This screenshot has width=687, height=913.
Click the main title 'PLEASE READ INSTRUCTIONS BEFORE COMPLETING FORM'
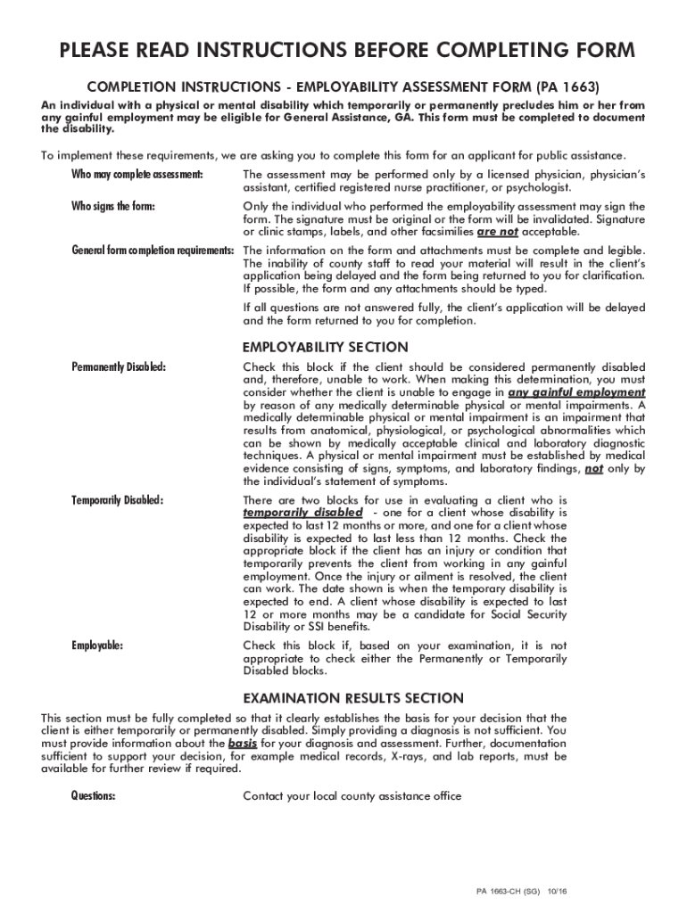pyautogui.click(x=347, y=52)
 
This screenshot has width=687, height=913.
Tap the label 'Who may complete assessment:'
pyautogui.click(x=137, y=173)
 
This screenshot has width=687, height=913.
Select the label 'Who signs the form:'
pyautogui.click(x=113, y=207)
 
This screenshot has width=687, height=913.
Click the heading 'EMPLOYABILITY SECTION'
pyautogui.click(x=326, y=347)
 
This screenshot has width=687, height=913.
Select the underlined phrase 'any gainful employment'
pyautogui.click(x=576, y=392)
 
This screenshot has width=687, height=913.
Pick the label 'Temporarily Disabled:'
pyautogui.click(x=118, y=499)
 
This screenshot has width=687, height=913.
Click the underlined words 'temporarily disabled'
pyautogui.click(x=303, y=513)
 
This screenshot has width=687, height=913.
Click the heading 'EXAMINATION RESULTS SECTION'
pyautogui.click(x=353, y=697)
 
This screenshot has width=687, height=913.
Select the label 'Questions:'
pyautogui.click(x=94, y=796)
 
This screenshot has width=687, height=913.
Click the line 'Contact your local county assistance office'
pyautogui.click(x=352, y=796)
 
